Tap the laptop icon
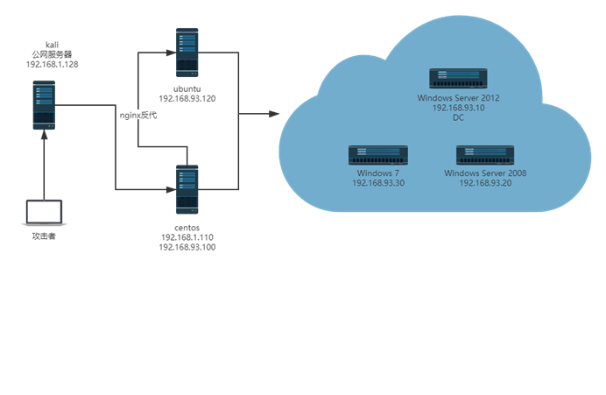tap(44, 213)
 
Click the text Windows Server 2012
tap(458, 98)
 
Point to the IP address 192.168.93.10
tap(458, 108)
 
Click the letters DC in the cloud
tap(458, 118)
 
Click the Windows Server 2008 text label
tap(485, 173)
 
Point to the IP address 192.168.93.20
tap(485, 183)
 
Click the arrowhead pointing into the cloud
tap(274, 114)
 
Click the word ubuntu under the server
tap(187, 88)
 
